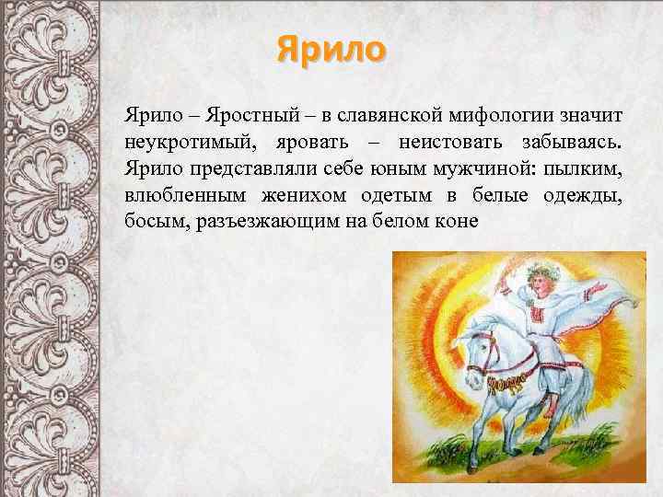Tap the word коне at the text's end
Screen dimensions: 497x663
(458, 223)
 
